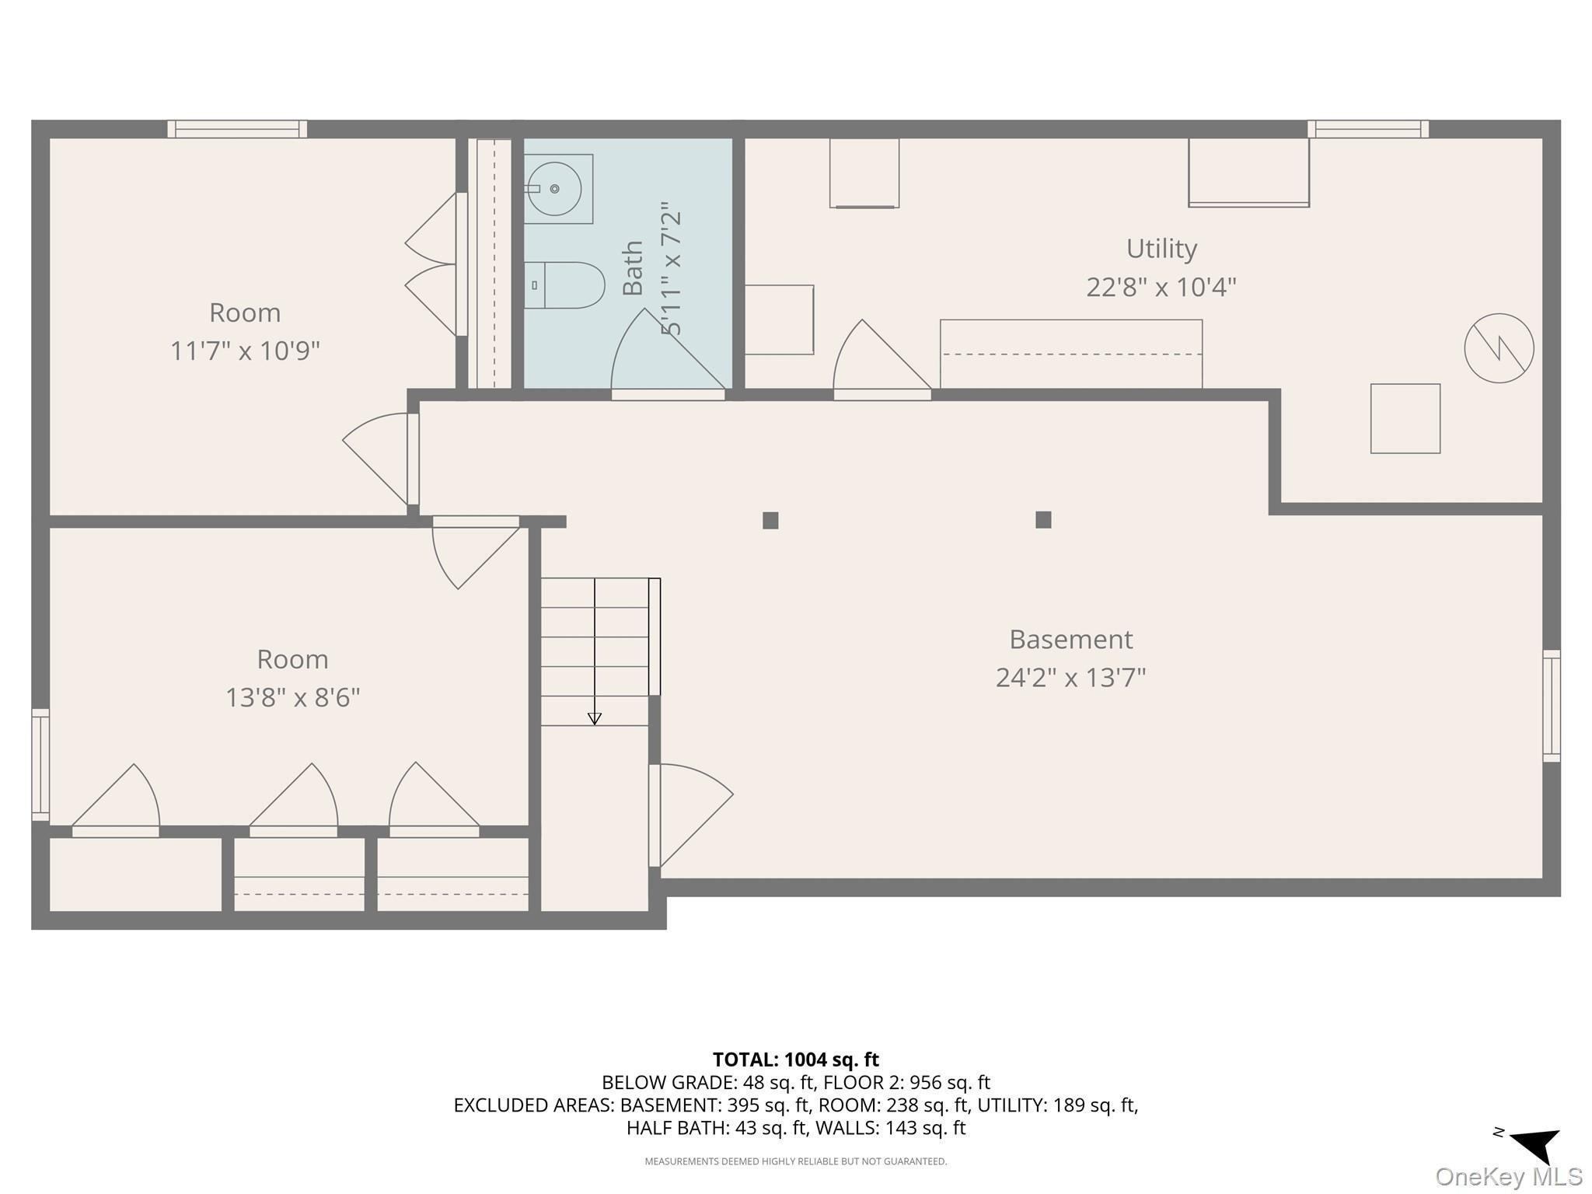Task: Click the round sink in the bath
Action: (x=554, y=189)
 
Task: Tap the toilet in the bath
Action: (x=564, y=285)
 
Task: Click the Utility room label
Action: (x=1161, y=249)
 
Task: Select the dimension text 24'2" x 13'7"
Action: (x=1070, y=678)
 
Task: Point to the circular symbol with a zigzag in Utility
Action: (x=1499, y=348)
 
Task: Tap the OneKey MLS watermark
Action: (x=1508, y=1177)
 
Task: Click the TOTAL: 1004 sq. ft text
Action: (x=796, y=1060)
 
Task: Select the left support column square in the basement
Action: (x=770, y=521)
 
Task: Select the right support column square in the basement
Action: (x=1043, y=520)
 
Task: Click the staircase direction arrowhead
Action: (x=595, y=719)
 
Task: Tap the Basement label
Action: (x=1070, y=640)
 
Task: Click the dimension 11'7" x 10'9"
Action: (x=245, y=351)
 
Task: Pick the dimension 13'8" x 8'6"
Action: (x=293, y=697)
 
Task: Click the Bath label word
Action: (x=633, y=268)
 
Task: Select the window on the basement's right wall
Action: (x=1552, y=706)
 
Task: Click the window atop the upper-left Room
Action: (x=237, y=129)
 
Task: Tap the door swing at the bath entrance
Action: (x=669, y=349)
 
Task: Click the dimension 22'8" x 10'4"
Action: (x=1161, y=288)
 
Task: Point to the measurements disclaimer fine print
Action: (x=796, y=1161)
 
